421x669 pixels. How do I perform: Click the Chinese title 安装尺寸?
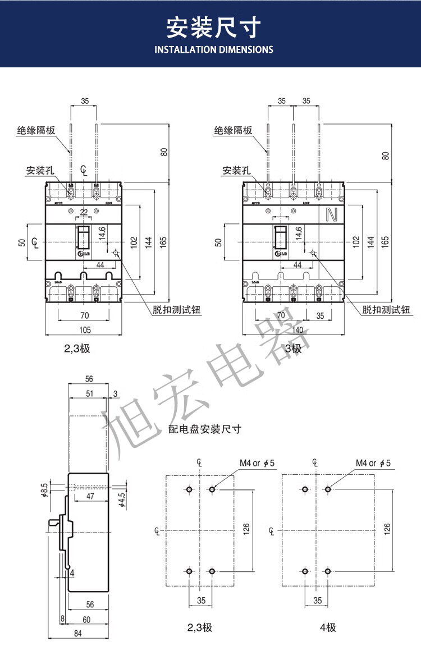tap(214, 26)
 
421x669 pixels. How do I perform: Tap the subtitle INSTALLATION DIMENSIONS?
tap(214, 49)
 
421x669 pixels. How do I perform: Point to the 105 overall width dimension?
tap(84, 330)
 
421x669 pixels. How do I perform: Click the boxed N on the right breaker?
tap(331, 214)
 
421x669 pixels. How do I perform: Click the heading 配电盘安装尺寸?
tap(205, 429)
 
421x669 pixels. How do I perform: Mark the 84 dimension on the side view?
tap(78, 633)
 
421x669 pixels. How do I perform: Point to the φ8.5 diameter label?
tap(44, 490)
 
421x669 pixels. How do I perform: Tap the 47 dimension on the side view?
tap(89, 497)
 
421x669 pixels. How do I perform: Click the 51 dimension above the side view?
tap(90, 393)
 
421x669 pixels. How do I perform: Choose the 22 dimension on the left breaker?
tap(84, 212)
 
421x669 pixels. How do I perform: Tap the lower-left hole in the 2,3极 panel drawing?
tap(189, 571)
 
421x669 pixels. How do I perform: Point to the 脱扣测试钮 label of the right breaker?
tap(386, 309)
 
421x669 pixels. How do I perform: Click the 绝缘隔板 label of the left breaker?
tap(35, 131)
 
